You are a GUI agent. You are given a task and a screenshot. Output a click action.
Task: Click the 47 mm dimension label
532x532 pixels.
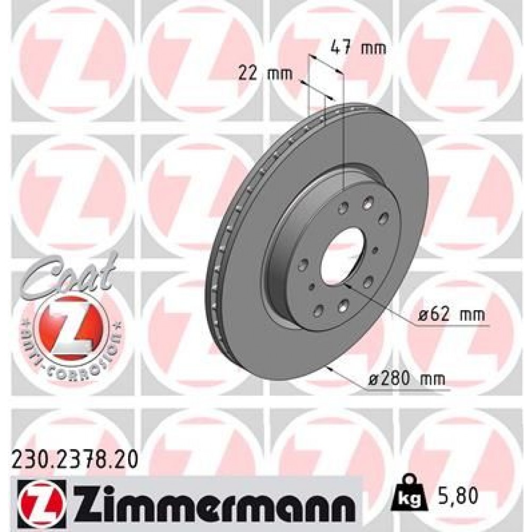[x=358, y=48]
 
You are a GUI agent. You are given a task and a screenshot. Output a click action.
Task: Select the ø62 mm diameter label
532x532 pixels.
[x=451, y=315]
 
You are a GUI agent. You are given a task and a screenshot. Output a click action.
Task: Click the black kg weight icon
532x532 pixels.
[x=408, y=496]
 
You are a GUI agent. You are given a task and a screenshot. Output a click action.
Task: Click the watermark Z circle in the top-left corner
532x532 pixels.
[x=69, y=61]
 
